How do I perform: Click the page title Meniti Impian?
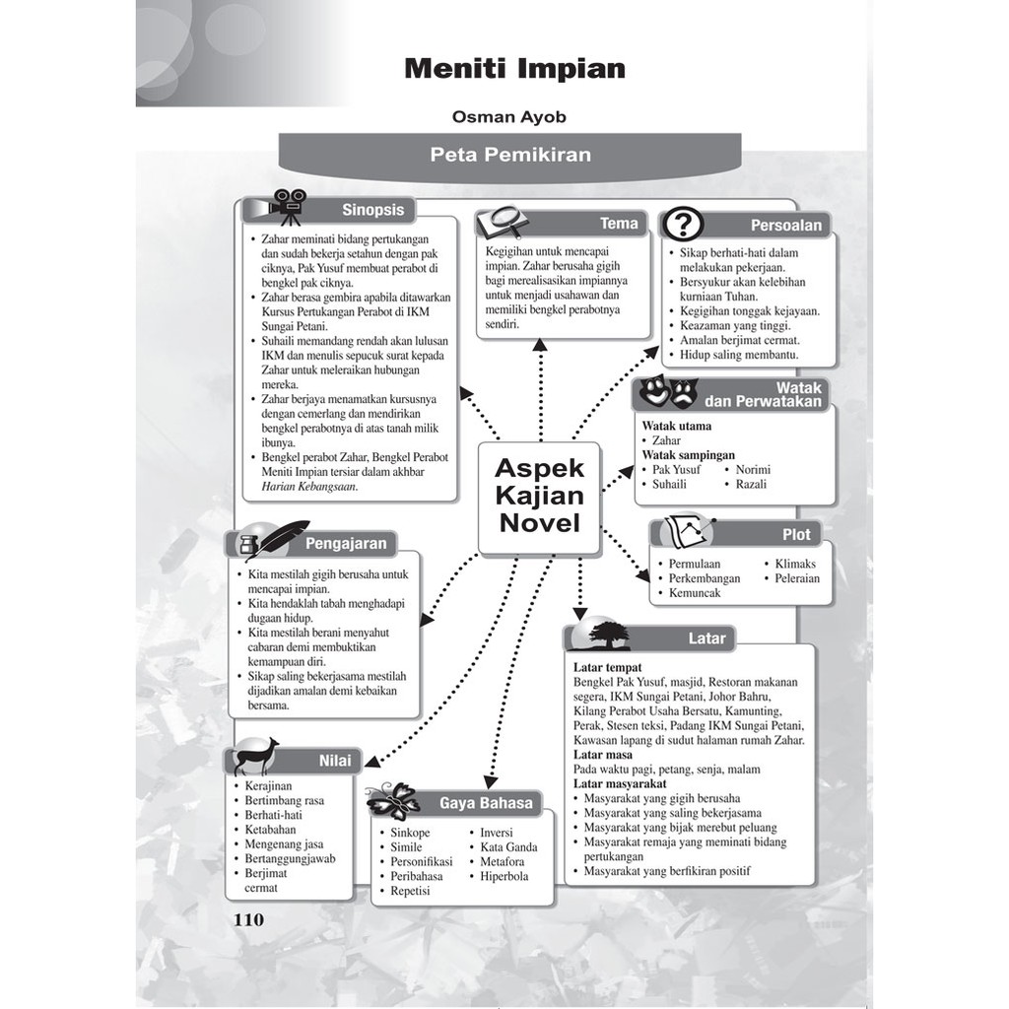click(x=514, y=69)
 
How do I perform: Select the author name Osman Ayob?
click(x=508, y=117)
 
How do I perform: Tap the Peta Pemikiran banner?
click(x=509, y=155)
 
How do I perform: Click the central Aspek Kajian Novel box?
click(x=539, y=495)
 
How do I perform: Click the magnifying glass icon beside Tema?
click(x=504, y=221)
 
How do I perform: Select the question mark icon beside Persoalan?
click(x=682, y=225)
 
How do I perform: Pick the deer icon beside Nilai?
click(x=255, y=757)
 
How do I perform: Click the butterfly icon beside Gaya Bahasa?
click(x=394, y=800)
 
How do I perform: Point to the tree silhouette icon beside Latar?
click(x=608, y=635)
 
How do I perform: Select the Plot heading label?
click(x=796, y=534)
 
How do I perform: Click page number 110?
click(x=248, y=920)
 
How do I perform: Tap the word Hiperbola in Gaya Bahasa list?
click(x=504, y=876)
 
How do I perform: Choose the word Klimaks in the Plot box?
click(x=795, y=564)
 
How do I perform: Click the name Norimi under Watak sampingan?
click(x=753, y=470)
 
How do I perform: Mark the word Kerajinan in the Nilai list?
click(x=268, y=785)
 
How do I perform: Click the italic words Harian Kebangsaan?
click(x=309, y=487)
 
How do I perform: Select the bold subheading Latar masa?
click(x=604, y=755)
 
